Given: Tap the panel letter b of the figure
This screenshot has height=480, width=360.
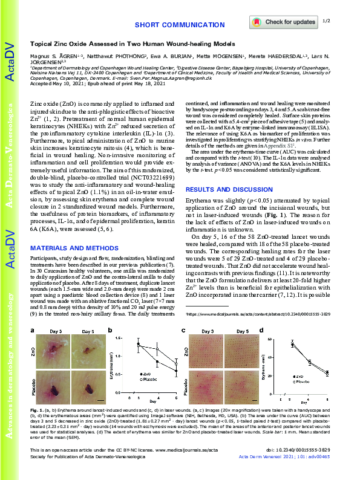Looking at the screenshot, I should click(x=110, y=330).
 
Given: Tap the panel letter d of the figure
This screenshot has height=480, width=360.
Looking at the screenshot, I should click(x=261, y=330).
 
